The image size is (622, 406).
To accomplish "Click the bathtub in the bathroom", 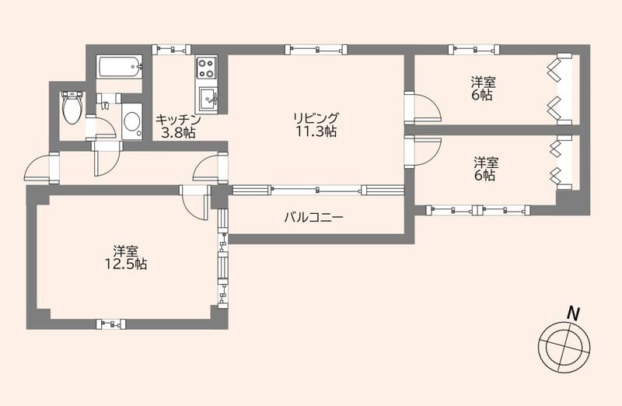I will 120,67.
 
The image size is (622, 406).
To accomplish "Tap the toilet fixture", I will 72,107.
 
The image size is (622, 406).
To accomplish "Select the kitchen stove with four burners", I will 207,68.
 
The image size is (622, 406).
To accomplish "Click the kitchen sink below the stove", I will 209,99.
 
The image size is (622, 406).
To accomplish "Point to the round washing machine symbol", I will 132,121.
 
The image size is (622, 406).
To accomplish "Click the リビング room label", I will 315,118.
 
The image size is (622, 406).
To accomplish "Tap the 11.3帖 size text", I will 315,132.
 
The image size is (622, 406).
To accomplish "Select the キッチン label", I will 178,120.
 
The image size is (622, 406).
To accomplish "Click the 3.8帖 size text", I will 178,133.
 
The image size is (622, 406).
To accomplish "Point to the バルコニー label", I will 313,217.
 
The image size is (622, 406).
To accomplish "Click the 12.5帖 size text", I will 126,264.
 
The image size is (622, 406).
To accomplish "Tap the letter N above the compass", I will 573,313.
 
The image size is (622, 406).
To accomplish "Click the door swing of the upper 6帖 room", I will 424,107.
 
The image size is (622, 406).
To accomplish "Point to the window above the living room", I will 315,49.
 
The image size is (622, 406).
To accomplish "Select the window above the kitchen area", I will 171,49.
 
